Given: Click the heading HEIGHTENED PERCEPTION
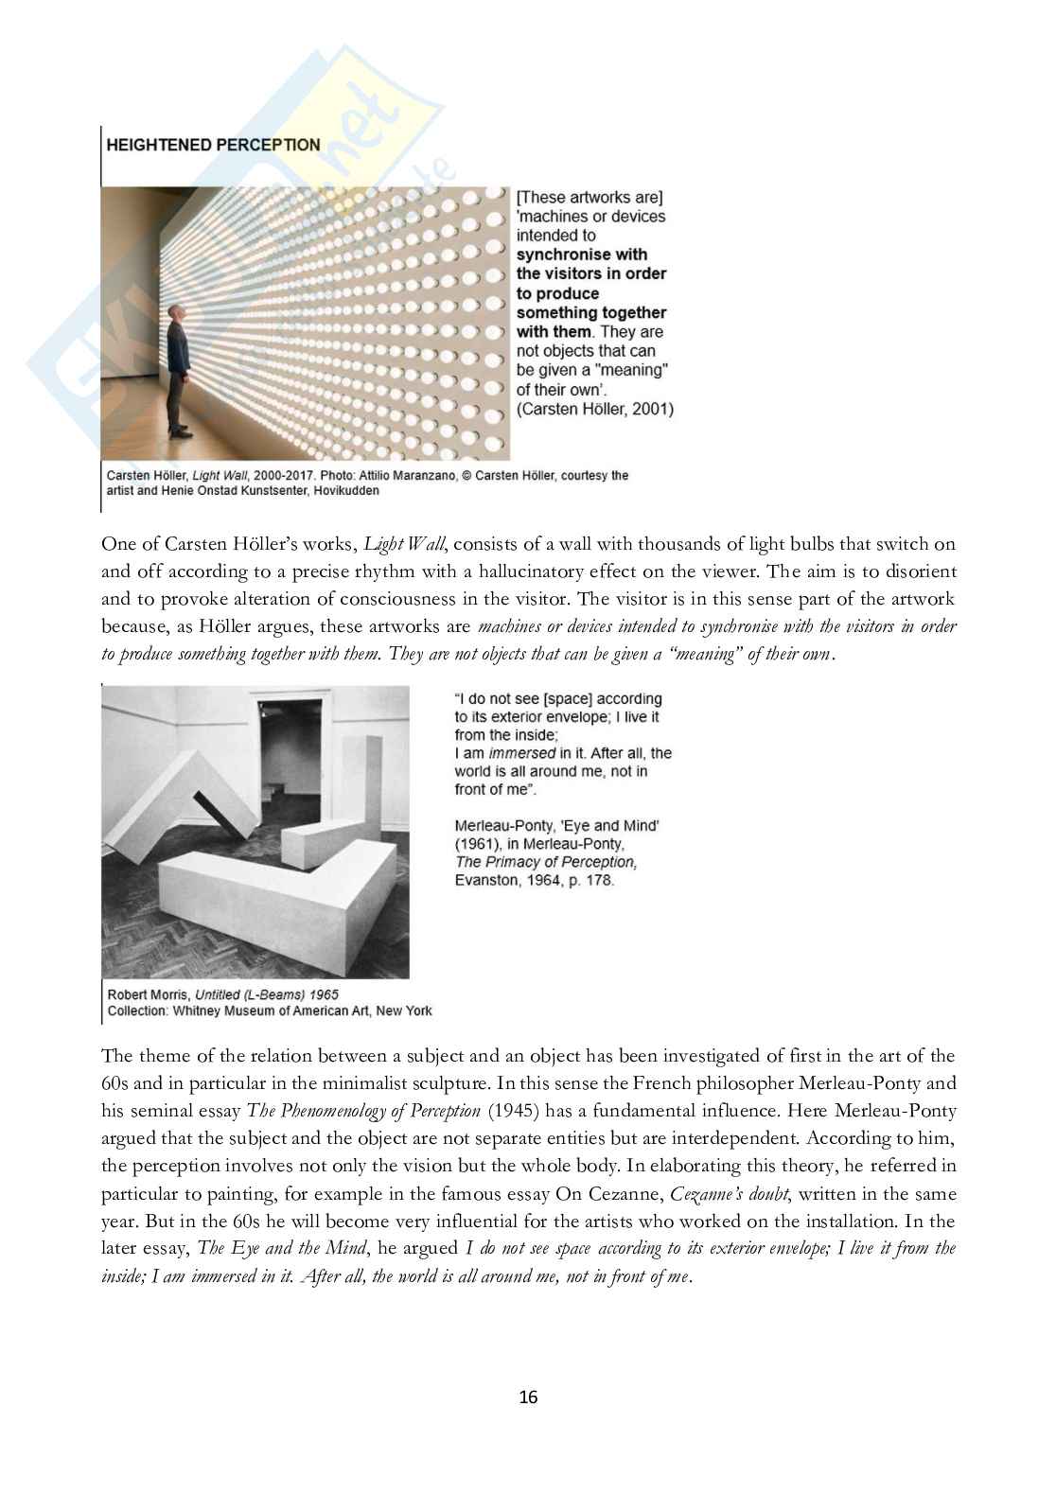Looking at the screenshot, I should click(x=213, y=145).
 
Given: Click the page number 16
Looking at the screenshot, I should click(x=528, y=1397).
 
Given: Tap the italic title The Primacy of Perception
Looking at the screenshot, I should click(x=546, y=862).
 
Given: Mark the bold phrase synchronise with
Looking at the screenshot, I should click(x=582, y=255).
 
